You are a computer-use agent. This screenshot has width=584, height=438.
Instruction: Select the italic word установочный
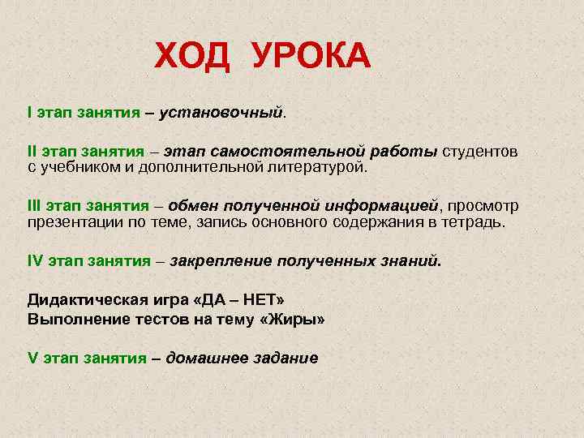pos(221,109)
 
